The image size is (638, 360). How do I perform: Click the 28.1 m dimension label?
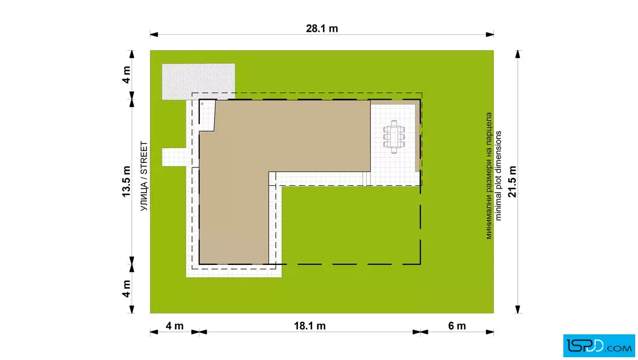(322, 28)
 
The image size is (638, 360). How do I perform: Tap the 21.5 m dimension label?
(512, 181)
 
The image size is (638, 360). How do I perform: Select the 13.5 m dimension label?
(126, 181)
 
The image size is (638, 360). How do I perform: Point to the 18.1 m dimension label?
(310, 326)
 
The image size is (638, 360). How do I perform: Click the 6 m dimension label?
(457, 326)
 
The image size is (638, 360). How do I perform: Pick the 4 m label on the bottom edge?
(174, 326)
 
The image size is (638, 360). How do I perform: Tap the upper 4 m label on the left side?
(126, 75)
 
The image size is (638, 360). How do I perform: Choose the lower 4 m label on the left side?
(126, 288)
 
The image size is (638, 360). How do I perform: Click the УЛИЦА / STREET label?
(144, 176)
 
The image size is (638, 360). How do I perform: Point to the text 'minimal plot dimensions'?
(498, 176)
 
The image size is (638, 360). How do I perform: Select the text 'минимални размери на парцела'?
(489, 176)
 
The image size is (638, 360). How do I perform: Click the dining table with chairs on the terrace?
(394, 137)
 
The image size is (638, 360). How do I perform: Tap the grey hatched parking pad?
(198, 81)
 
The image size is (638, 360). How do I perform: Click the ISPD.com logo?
(599, 346)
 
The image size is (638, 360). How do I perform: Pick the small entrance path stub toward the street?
(174, 157)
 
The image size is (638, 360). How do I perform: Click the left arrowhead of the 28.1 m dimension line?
(154, 35)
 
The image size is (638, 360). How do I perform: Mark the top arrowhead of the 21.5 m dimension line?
(518, 54)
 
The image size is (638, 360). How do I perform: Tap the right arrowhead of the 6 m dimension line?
(490, 332)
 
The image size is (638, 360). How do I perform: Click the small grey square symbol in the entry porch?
(202, 104)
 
